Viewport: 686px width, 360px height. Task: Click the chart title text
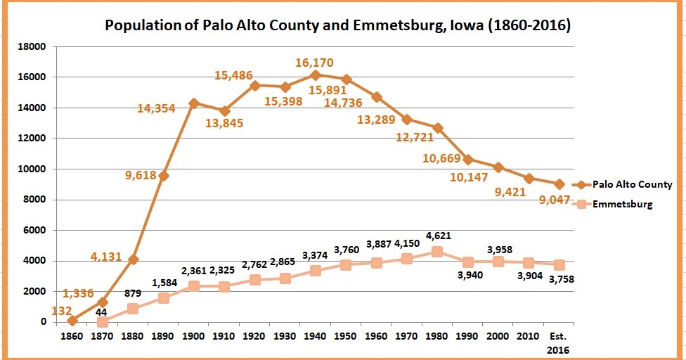click(337, 26)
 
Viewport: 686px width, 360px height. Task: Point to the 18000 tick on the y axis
click(32, 47)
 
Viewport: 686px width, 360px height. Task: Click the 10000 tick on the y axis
click(32, 169)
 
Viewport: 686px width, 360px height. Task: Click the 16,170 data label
click(316, 63)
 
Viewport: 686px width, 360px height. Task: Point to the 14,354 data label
click(164, 108)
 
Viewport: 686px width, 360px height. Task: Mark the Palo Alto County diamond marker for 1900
click(194, 103)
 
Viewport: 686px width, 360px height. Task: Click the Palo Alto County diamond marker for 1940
click(315, 75)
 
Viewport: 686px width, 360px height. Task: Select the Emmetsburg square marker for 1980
click(436, 252)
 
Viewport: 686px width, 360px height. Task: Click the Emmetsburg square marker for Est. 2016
click(558, 265)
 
